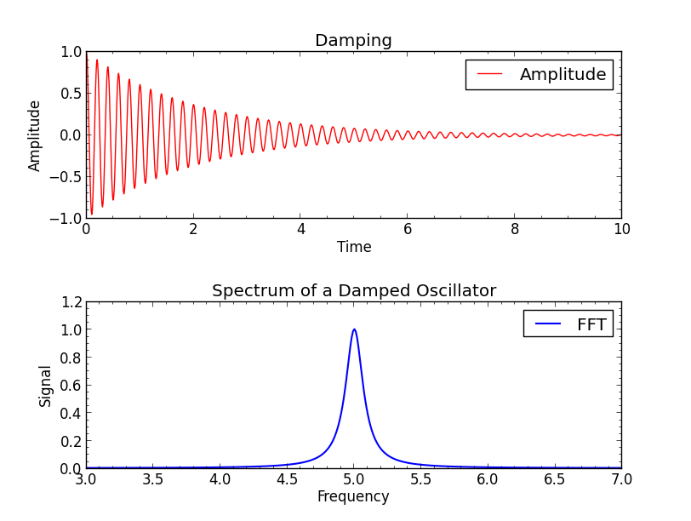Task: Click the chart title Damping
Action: [x=353, y=41]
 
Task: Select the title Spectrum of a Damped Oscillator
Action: [x=353, y=291]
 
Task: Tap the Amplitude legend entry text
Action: [x=563, y=75]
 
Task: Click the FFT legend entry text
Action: [x=591, y=324]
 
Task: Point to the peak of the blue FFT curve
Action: [x=354, y=329]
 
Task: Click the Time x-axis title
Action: [x=354, y=248]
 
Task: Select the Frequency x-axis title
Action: [x=353, y=497]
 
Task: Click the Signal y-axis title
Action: [x=46, y=386]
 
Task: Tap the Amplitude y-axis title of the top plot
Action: [x=35, y=135]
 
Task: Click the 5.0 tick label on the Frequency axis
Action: [x=353, y=480]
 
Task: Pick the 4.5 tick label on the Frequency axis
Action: [x=287, y=480]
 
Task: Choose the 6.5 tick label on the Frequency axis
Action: [x=554, y=480]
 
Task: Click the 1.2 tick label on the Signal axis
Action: [x=72, y=302]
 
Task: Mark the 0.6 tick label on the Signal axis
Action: [x=72, y=386]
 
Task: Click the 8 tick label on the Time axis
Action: [x=514, y=230]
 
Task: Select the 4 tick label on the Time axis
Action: [x=300, y=230]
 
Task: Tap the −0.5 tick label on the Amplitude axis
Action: [x=66, y=177]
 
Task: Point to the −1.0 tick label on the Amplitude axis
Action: [x=66, y=219]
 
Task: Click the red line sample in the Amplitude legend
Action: [x=489, y=75]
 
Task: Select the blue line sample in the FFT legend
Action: [x=547, y=324]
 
